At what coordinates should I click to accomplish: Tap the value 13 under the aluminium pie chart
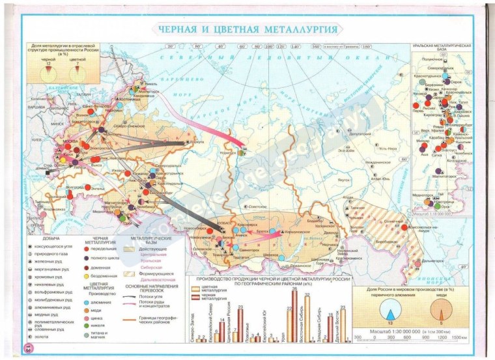tap(389, 324)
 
